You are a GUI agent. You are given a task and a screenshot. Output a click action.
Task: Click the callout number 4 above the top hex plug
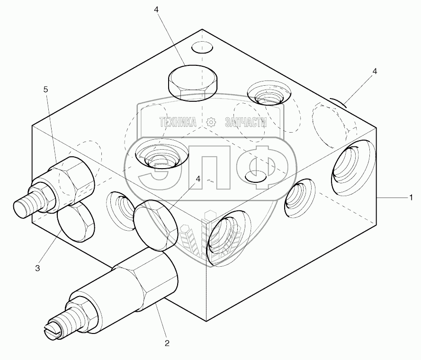pos(157,9)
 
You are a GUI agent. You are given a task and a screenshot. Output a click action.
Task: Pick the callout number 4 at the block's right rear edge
pos(375,71)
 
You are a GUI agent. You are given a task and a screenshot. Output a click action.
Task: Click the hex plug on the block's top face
pos(193,83)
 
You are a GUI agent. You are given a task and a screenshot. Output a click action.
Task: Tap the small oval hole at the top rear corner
pos(202,47)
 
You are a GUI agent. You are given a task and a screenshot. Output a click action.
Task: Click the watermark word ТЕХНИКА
pos(178,122)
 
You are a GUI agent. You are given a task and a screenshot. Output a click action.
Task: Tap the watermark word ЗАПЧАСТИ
pos(246,122)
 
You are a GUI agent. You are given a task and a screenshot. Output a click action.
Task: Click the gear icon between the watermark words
pos(211,123)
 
